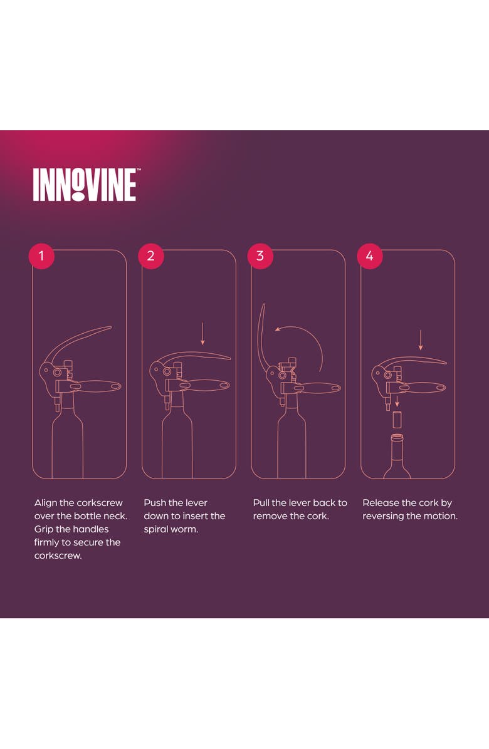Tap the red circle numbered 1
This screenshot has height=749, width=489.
pyautogui.click(x=41, y=256)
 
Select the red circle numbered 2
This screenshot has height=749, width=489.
pyautogui.click(x=150, y=256)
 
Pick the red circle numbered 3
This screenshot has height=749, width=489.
pyautogui.click(x=260, y=256)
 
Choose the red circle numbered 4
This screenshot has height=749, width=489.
pyautogui.click(x=369, y=256)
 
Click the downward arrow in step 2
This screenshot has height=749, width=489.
pyautogui.click(x=202, y=334)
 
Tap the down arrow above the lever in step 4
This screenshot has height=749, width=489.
pyautogui.click(x=421, y=340)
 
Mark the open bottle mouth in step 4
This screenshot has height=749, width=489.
pyautogui.click(x=397, y=436)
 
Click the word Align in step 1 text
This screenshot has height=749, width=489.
pyautogui.click(x=45, y=503)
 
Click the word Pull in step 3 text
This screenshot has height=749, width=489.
pyautogui.click(x=261, y=502)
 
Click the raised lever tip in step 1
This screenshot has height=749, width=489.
pyautogui.click(x=110, y=327)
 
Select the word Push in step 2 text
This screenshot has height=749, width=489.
pyautogui.click(x=154, y=502)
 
